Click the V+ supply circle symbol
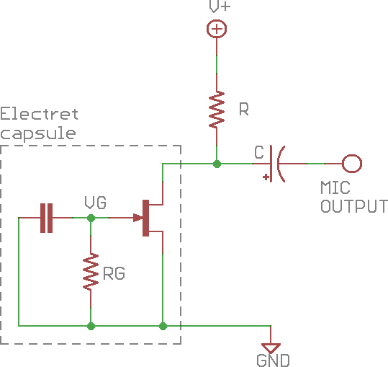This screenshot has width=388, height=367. coord(217,29)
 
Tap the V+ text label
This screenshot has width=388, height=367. coord(220,6)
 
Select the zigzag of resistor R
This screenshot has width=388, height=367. coord(217,110)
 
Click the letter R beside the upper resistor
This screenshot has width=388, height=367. coord(244,110)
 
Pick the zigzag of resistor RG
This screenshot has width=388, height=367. coord(91,272)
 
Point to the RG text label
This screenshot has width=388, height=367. coord(114,273)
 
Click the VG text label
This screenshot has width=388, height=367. coord(96,203)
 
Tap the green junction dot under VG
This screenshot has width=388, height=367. coord(91,218)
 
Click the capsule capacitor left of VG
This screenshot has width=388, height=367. coord(47,218)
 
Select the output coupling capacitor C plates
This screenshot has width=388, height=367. coord(277,164)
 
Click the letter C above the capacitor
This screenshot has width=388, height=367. coord(259,152)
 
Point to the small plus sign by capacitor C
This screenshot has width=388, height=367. coord(266,177)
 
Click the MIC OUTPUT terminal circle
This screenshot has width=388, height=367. coord(352,164)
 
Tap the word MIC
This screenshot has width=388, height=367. coord(335,187)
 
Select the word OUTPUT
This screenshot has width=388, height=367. coord(354,206)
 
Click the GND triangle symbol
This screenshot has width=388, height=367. coord(271,348)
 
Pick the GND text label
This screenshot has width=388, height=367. coord(274,361)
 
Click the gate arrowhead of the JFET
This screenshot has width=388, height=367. coord(138,218)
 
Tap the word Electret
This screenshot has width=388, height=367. coord(39,114)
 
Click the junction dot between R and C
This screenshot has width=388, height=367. coord(217,164)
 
